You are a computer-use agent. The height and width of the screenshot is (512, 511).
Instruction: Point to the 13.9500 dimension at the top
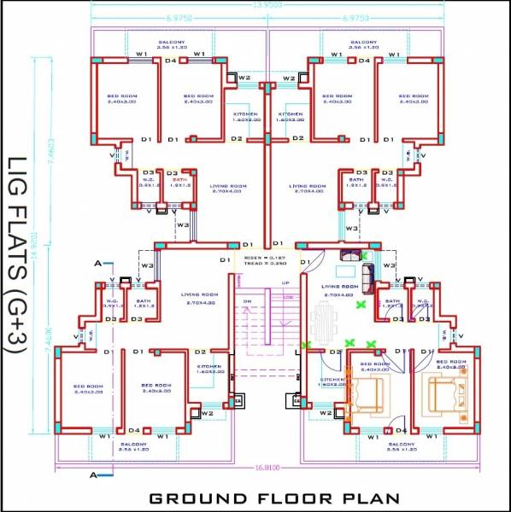[x=268, y=5]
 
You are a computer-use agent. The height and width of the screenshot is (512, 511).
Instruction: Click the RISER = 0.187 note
[x=263, y=257]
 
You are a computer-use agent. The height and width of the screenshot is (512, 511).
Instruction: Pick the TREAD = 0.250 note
[x=263, y=264]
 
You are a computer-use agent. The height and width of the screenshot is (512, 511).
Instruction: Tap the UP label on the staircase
[x=286, y=282]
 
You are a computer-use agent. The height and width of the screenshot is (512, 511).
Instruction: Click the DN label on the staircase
[x=246, y=301]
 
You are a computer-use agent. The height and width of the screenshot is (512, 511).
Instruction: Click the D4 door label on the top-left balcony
[x=171, y=61]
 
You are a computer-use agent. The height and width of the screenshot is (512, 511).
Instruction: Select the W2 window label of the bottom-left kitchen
[x=206, y=414]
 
